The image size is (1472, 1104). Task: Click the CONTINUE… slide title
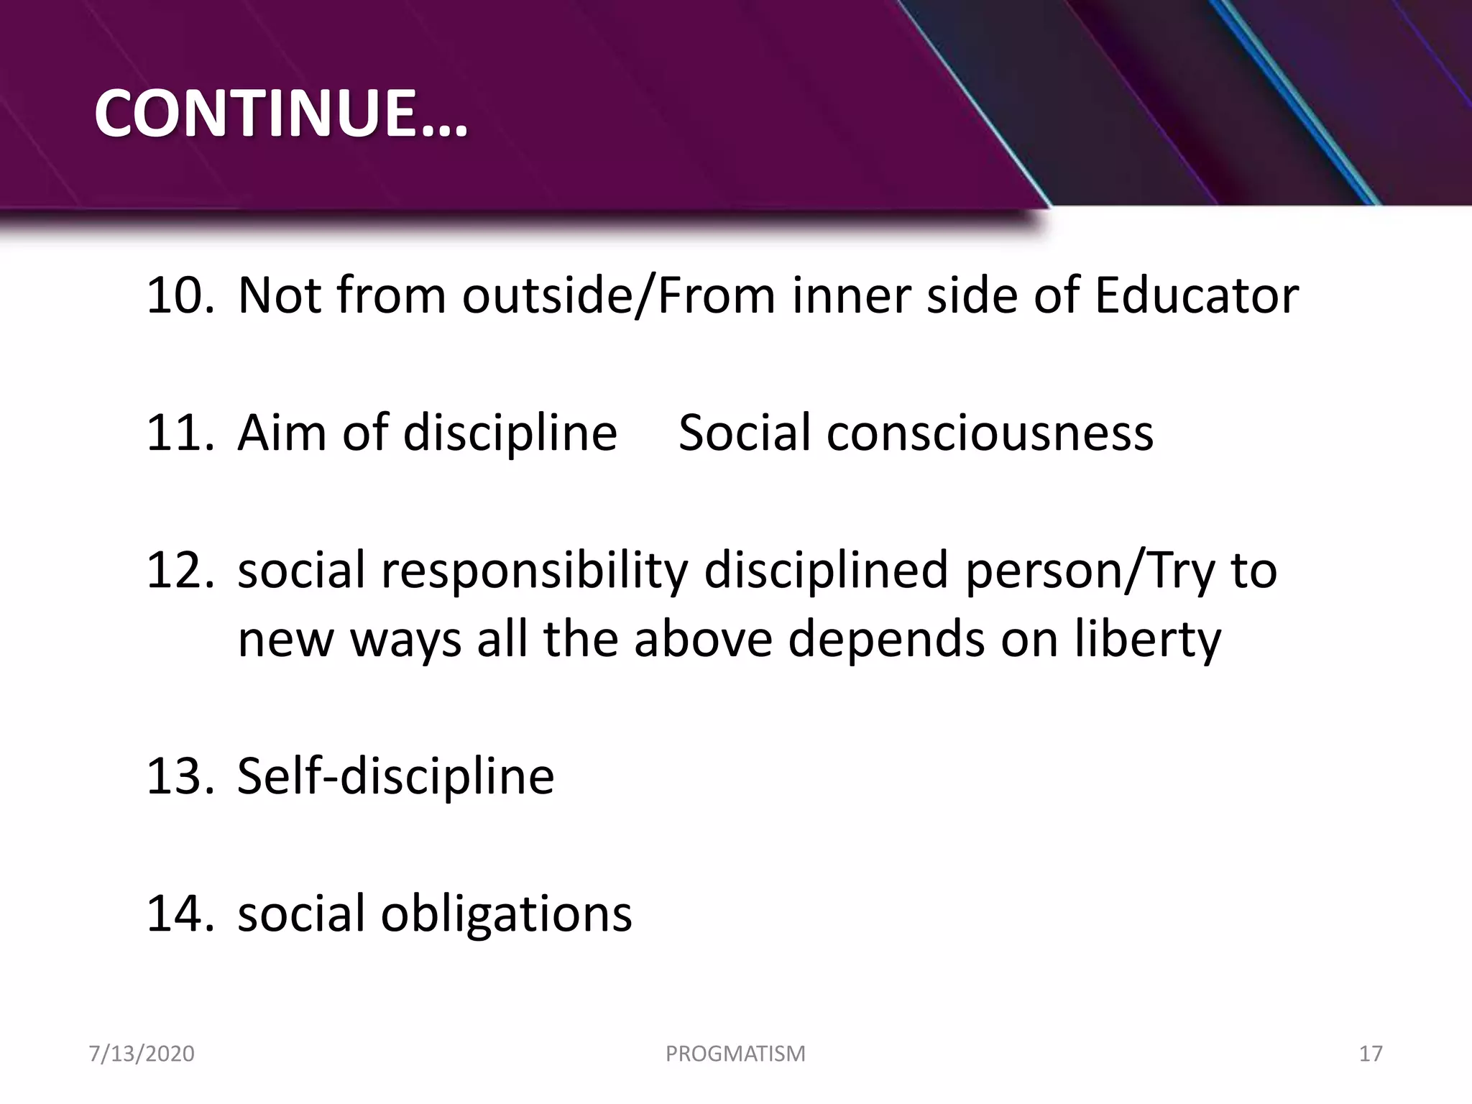[x=281, y=114]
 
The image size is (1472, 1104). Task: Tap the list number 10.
[x=179, y=295]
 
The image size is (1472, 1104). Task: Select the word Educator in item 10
[x=1196, y=295]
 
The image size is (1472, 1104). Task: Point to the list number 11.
[x=179, y=433]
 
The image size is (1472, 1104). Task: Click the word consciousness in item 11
[x=990, y=433]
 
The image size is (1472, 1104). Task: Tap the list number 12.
[x=179, y=570]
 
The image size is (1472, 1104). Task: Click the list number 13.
[x=179, y=776]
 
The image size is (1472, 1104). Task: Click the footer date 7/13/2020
[x=142, y=1054]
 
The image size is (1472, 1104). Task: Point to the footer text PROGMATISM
[x=735, y=1054]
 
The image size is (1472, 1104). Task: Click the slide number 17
[x=1371, y=1054]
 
